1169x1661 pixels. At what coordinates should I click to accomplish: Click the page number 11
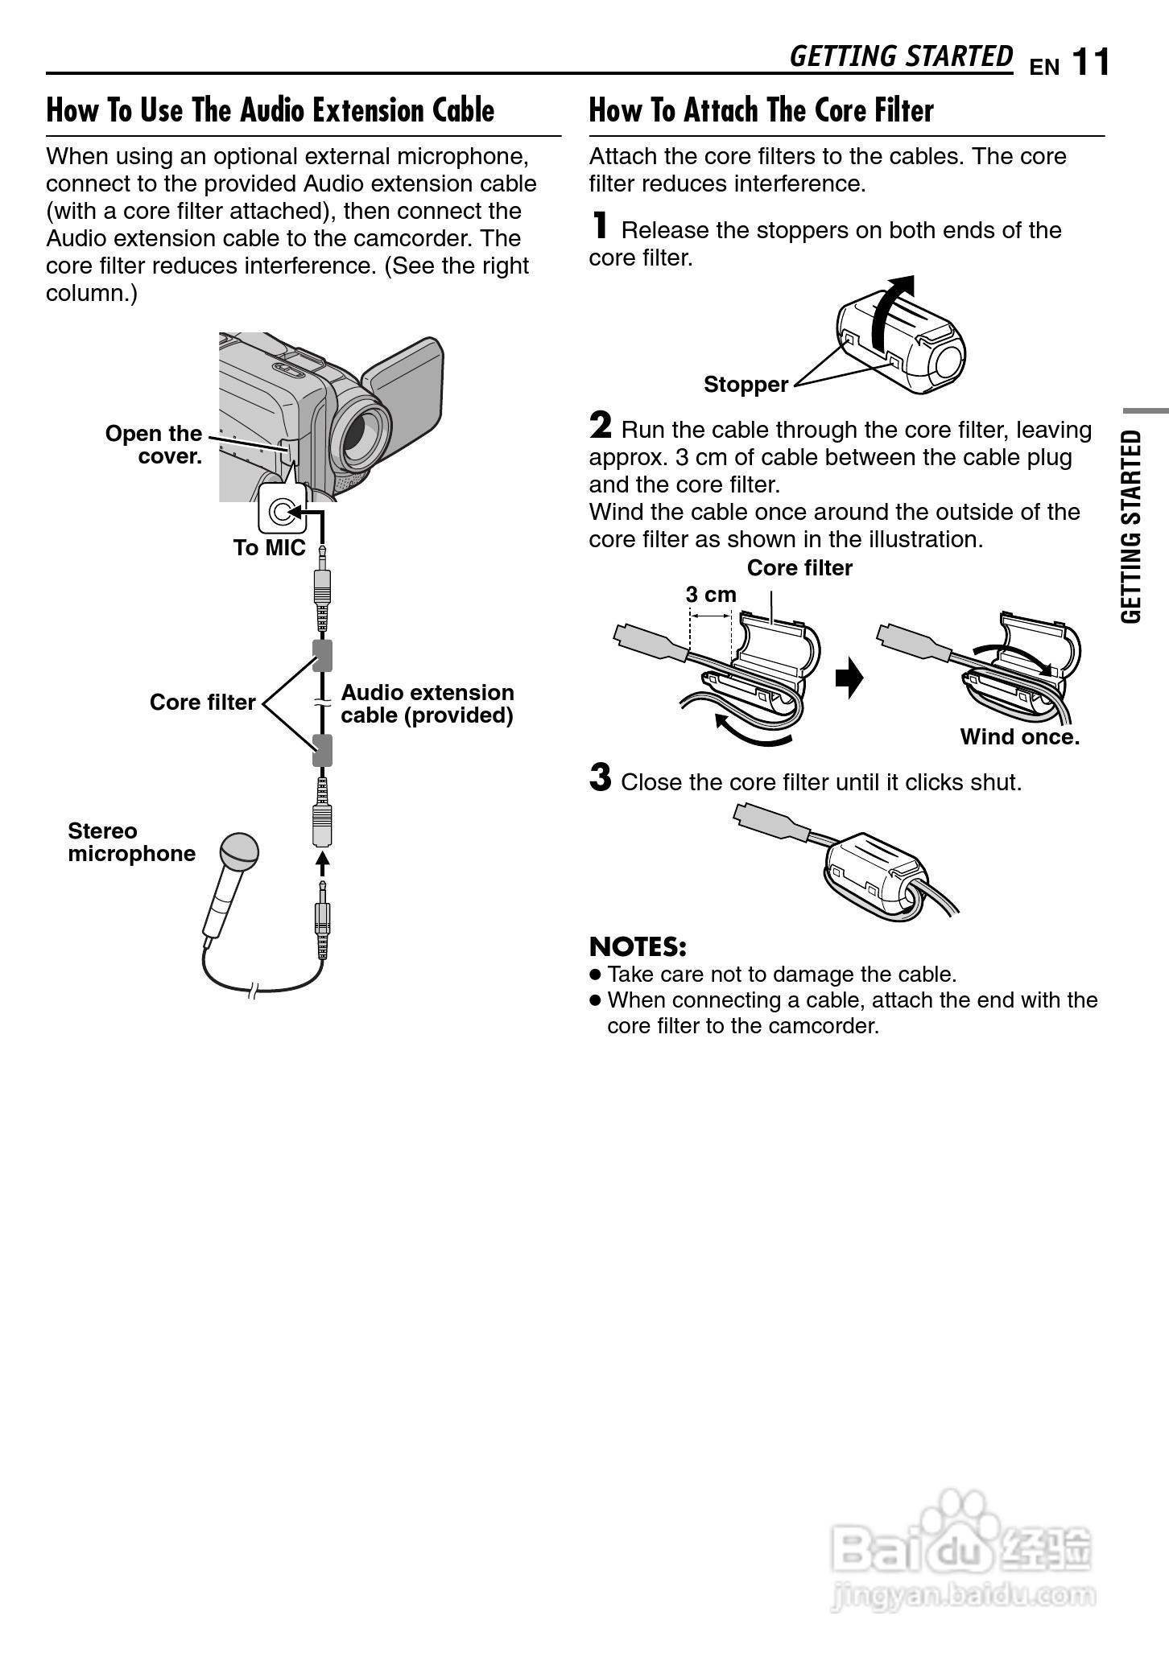[1091, 62]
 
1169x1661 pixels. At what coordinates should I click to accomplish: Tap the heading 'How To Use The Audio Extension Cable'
[271, 110]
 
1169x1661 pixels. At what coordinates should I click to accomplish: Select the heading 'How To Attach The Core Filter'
[761, 110]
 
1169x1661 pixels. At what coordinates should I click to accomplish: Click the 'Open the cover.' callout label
[154, 445]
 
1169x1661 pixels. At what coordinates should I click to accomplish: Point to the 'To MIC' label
[269, 548]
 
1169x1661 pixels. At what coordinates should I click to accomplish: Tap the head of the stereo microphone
[240, 852]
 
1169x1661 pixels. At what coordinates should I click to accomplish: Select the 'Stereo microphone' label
[131, 843]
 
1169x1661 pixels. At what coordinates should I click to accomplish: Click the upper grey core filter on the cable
[323, 655]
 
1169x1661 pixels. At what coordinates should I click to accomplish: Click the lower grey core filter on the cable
[323, 750]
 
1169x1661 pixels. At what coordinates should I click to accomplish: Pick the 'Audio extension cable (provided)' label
[427, 704]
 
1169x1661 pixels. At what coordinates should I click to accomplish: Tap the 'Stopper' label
[746, 385]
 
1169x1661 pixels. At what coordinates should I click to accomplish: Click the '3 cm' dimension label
[711, 595]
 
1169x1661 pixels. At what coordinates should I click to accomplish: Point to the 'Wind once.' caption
[1019, 737]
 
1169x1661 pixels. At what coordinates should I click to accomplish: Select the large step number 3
[601, 778]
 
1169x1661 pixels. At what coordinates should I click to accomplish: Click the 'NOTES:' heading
[638, 946]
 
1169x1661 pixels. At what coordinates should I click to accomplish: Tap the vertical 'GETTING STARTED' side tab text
[1131, 526]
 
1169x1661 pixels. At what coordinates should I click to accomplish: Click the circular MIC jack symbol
[281, 512]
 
